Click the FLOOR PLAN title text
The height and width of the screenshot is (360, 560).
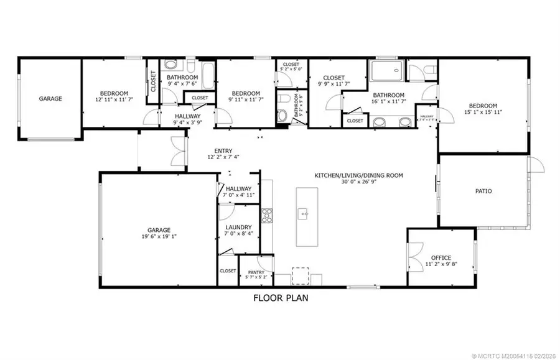point(280,298)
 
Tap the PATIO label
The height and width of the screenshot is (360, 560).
point(483,191)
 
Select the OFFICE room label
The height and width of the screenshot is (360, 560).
point(441,257)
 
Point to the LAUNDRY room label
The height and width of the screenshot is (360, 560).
point(238,227)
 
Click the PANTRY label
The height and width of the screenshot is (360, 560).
point(256,272)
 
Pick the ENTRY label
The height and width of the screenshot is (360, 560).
point(223,150)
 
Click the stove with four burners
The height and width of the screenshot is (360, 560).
point(267,216)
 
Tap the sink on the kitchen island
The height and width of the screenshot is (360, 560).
point(304,214)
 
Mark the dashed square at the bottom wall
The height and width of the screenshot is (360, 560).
point(300,275)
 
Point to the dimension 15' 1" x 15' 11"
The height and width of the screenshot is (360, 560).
point(483,113)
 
